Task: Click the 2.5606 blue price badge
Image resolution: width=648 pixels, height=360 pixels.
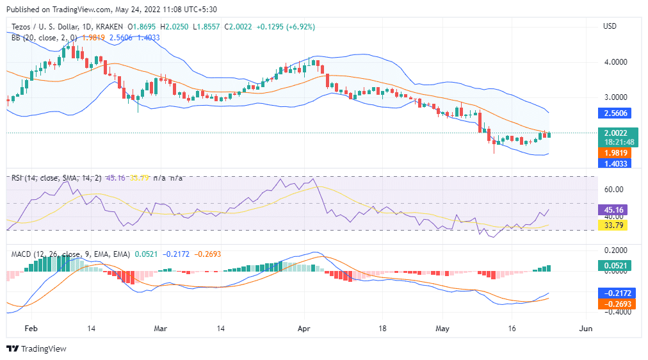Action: coord(616,113)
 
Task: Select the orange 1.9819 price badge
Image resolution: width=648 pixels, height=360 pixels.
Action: coord(616,152)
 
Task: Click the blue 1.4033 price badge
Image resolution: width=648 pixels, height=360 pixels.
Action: coord(616,163)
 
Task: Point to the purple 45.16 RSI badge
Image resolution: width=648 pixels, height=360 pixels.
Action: coord(616,209)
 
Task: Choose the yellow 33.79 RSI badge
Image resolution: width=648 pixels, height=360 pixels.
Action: coord(616,225)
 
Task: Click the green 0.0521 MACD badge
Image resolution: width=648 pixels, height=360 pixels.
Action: coord(616,265)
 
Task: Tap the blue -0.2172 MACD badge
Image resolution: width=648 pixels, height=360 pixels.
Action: coord(616,293)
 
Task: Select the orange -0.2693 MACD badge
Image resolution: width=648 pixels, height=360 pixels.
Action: coord(616,304)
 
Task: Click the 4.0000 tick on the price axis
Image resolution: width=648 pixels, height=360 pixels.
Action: coord(615,62)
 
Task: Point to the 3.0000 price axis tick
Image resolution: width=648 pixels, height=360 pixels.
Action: coord(615,97)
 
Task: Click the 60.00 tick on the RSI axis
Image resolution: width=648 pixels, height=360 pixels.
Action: coord(613,190)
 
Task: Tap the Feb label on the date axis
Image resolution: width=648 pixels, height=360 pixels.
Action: coord(31,327)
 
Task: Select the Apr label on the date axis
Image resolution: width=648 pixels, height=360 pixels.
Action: coord(304,327)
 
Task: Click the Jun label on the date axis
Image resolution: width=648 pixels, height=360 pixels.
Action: coord(585,327)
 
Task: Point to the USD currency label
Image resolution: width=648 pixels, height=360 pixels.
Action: coord(610,26)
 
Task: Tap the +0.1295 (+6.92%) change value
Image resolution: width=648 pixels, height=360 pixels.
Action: coord(286,26)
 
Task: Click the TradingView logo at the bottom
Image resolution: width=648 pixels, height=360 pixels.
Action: coord(36,348)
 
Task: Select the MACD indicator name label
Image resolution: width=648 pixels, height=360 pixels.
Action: coord(22,254)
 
